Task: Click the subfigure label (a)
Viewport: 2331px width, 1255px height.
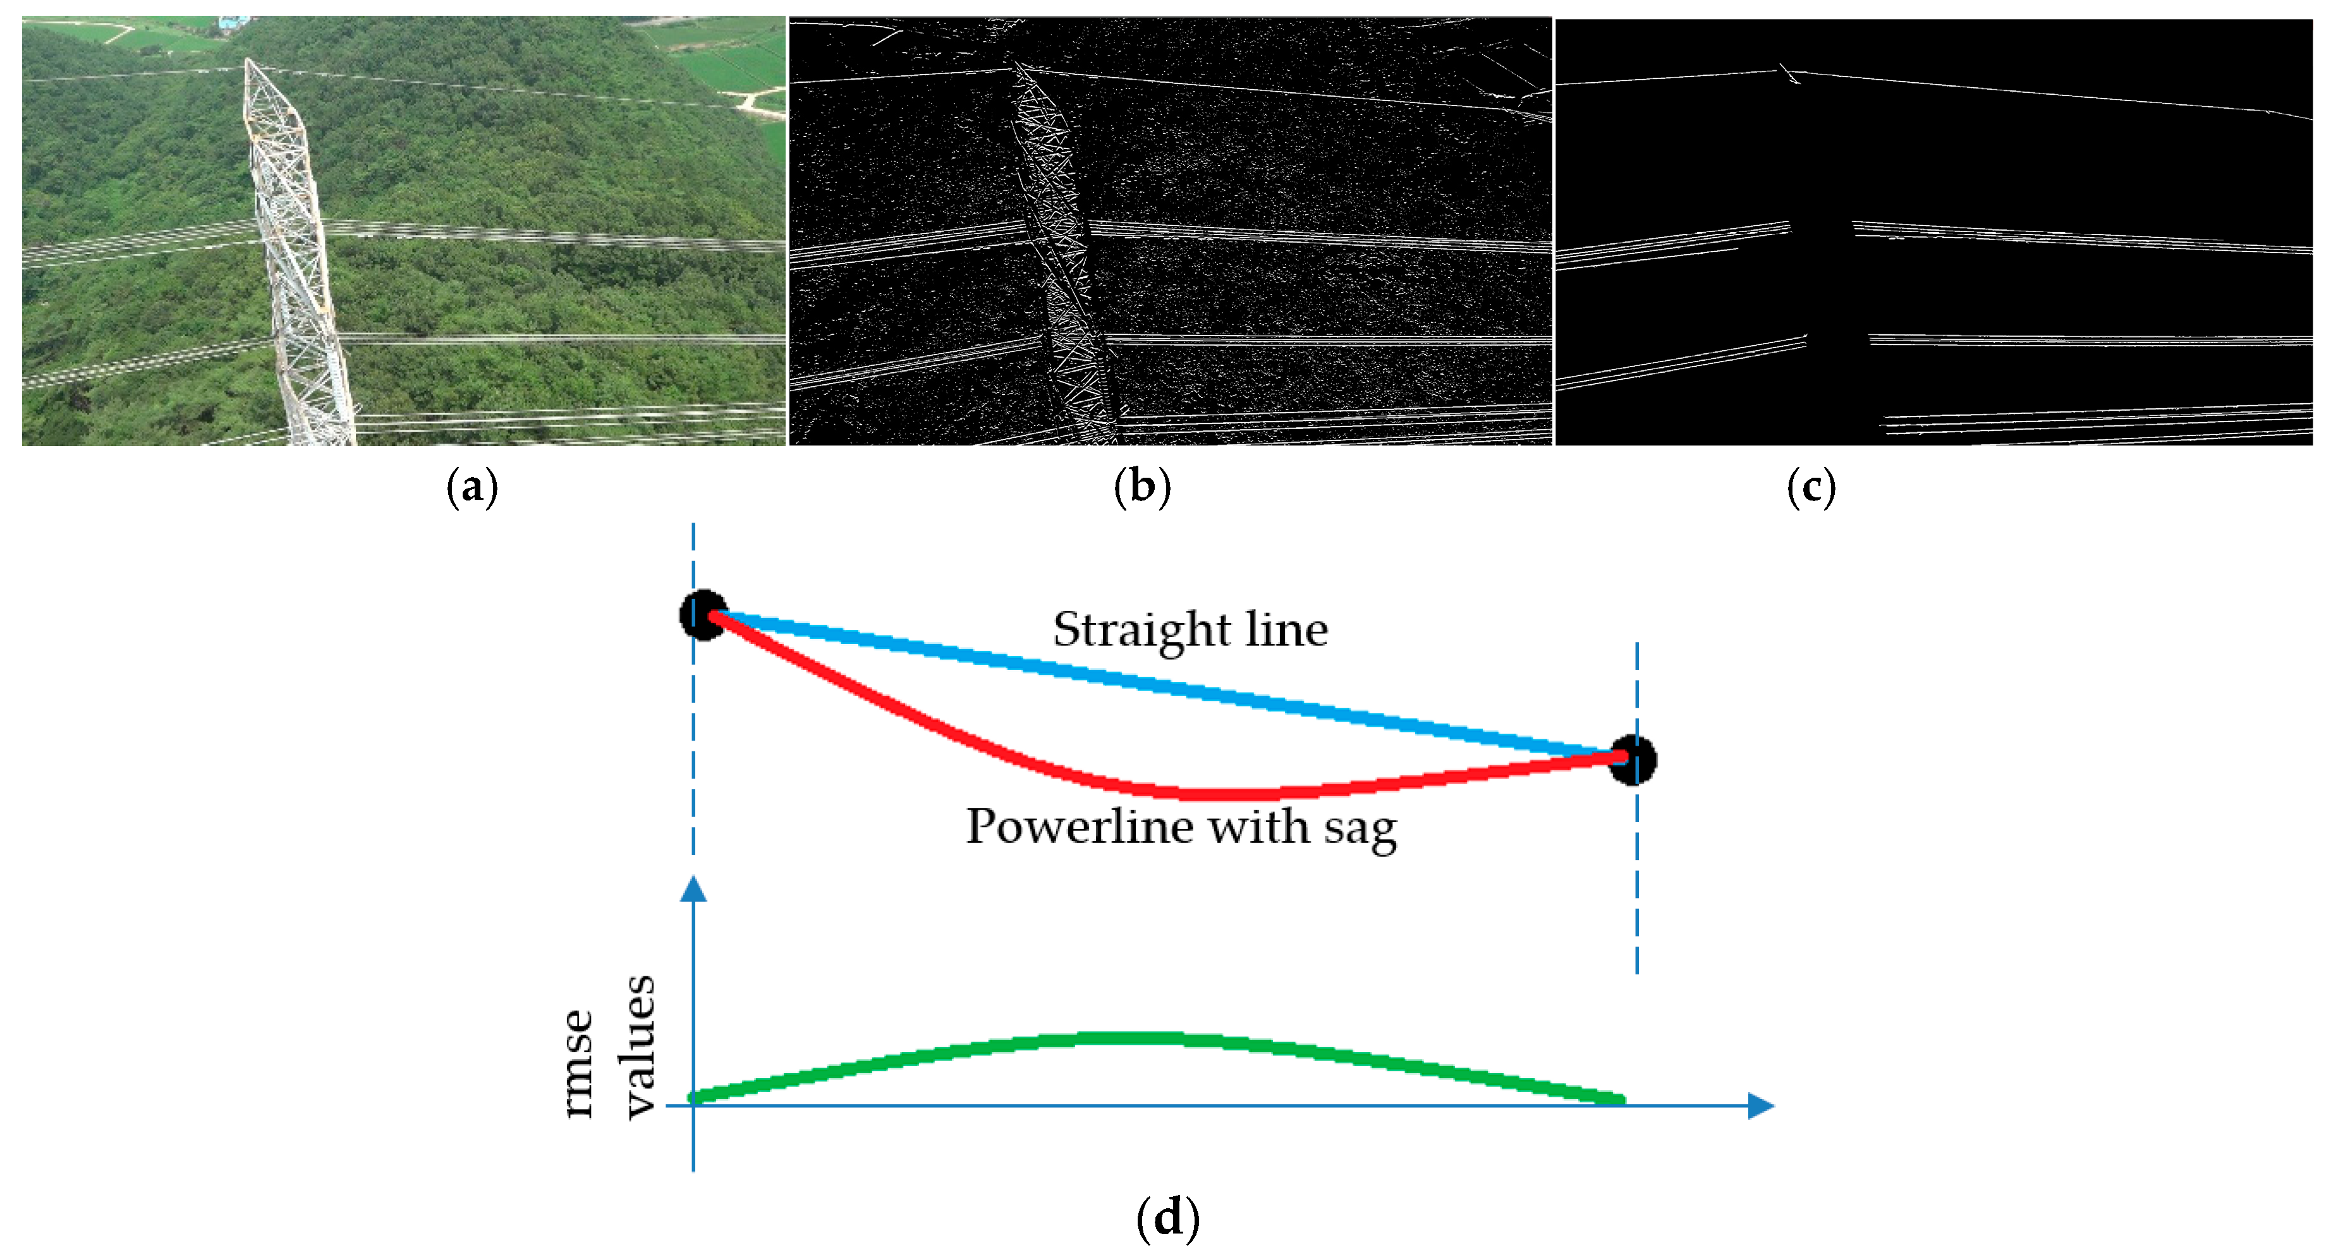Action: click(472, 488)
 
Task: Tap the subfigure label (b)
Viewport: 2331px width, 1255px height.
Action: click(1142, 488)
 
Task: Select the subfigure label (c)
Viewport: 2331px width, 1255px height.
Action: click(1811, 488)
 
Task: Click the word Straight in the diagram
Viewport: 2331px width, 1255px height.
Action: click(1140, 630)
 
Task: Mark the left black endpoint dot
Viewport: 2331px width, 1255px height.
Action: click(703, 615)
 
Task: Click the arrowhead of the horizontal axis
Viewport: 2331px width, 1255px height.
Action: click(1760, 1106)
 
